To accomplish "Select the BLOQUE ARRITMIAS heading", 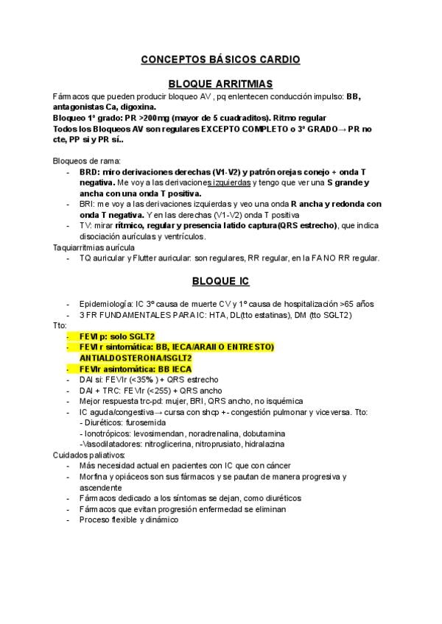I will click(x=220, y=85).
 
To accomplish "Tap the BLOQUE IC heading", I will click(x=220, y=281).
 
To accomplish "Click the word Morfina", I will click(x=95, y=477).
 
